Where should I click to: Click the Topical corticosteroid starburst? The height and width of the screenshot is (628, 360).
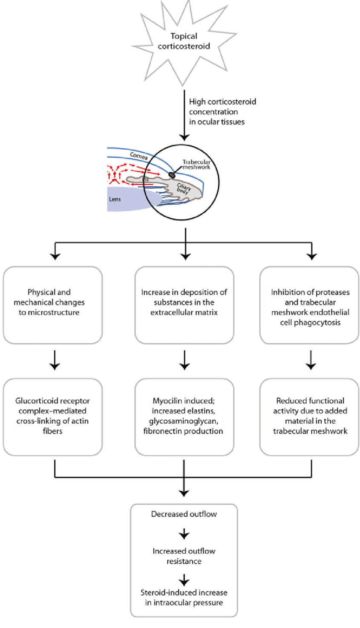tap(184, 41)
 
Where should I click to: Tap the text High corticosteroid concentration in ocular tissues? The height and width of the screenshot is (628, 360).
tap(222, 112)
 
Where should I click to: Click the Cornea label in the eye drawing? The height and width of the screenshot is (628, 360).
tap(138, 156)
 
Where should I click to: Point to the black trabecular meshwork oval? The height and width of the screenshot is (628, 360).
tap(172, 174)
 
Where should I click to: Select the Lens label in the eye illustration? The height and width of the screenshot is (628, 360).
tap(115, 199)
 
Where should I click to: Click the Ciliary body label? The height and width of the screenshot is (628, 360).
tap(184, 189)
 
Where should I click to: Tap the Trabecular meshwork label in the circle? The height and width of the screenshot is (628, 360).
tap(196, 165)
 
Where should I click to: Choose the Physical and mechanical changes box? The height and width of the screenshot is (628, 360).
tap(52, 305)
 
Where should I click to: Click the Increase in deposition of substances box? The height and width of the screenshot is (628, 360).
tap(184, 305)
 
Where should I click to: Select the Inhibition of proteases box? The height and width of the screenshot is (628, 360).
tap(309, 305)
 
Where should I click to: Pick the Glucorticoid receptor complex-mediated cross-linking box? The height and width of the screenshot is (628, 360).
tap(52, 417)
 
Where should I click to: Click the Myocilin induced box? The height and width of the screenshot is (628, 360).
tap(184, 417)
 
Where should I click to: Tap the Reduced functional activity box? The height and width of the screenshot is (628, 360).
tap(309, 417)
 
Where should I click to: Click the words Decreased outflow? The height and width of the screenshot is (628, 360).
tap(184, 514)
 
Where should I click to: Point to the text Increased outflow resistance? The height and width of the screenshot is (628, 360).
tap(184, 556)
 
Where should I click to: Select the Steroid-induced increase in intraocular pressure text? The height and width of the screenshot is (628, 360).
tap(184, 597)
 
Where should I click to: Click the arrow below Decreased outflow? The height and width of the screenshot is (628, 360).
tap(184, 534)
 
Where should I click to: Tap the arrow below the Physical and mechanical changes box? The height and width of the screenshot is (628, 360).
tap(55, 361)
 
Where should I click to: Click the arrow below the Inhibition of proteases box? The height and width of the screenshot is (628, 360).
tap(311, 361)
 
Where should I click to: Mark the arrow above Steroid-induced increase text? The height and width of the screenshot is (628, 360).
tap(184, 579)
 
